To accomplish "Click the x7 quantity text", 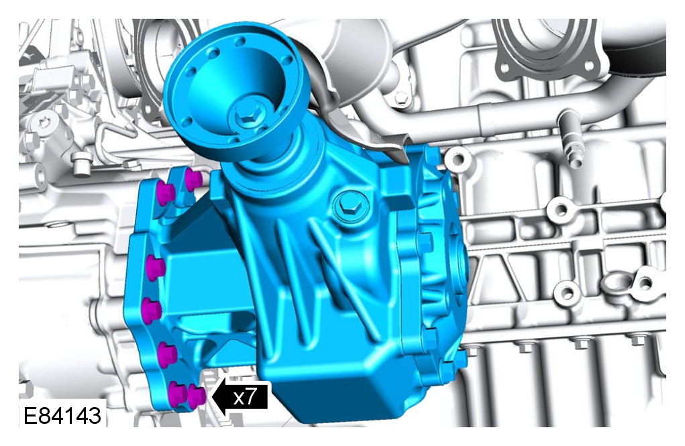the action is click(x=244, y=397).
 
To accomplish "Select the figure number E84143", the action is click(x=62, y=415).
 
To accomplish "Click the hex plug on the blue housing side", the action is click(x=350, y=205).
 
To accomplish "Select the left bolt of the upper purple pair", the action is click(x=166, y=193).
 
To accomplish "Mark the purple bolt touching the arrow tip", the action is click(x=197, y=396).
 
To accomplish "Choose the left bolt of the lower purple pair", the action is click(x=178, y=394).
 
